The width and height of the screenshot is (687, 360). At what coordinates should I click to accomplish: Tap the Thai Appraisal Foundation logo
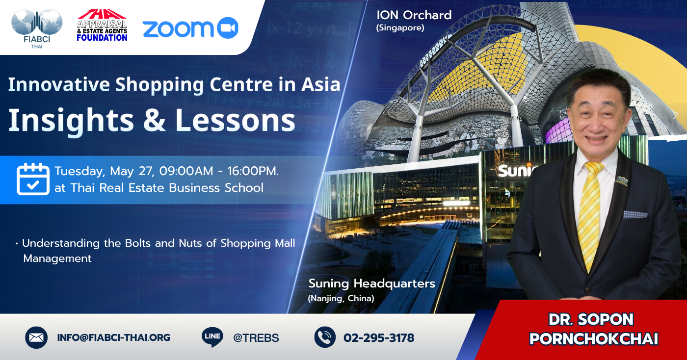102,25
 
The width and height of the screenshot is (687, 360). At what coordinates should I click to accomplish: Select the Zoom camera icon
228,28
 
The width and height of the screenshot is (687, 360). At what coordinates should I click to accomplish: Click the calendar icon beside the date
33,179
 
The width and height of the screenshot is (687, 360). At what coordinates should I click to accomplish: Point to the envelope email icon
36,337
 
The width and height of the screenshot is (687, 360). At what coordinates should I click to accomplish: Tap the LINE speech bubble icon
212,337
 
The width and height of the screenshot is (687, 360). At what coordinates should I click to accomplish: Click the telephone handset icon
325,337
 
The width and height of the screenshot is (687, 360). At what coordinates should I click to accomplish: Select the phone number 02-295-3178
379,338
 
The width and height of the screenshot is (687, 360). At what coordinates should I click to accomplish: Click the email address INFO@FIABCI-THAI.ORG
113,337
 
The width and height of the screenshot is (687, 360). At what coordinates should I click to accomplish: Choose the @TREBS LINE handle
256,338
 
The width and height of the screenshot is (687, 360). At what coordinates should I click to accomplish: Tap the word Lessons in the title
235,120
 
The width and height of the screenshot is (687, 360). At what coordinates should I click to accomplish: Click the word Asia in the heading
321,84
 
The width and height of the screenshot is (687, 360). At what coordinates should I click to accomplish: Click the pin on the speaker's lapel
622,180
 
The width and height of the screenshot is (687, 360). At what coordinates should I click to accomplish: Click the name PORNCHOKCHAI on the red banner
594,339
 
